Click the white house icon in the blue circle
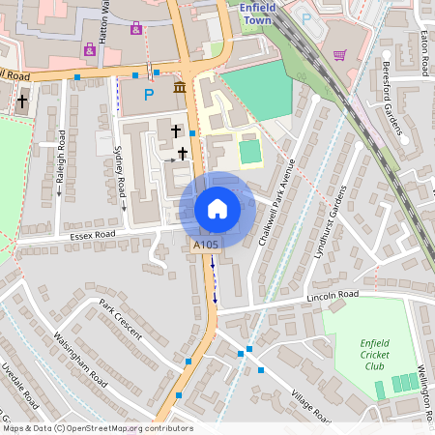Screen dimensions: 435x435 217,209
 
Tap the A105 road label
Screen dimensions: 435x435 206,246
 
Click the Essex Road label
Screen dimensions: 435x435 92,234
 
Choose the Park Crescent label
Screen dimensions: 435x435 121,318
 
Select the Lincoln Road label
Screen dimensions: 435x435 333,294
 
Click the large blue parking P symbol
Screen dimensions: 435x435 149,95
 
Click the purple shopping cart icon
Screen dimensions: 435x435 339,55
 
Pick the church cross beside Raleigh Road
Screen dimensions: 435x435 22,101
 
